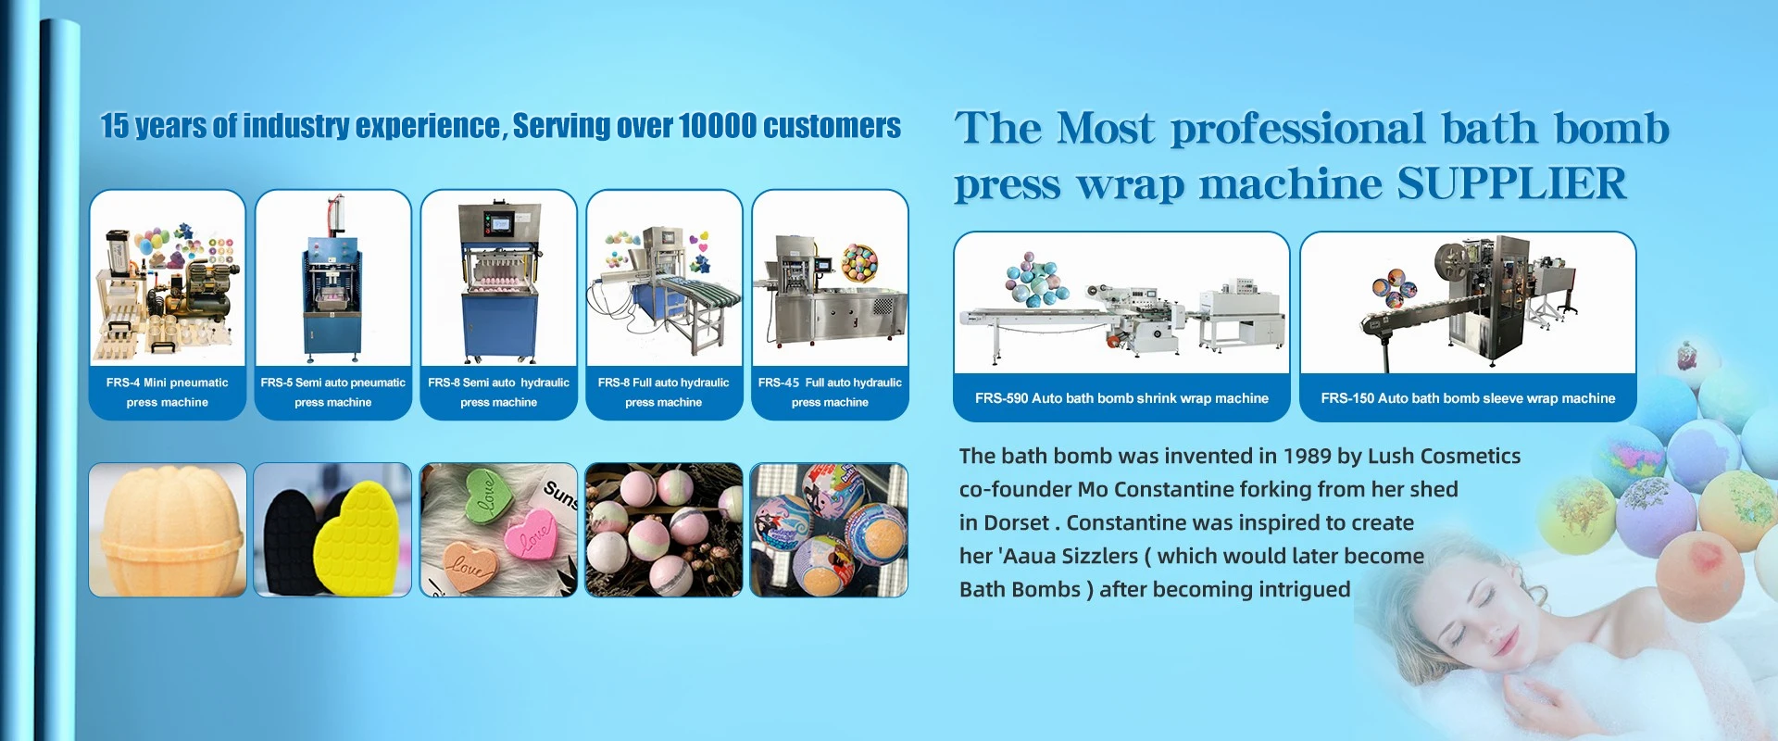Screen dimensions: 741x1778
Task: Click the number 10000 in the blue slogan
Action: (717, 126)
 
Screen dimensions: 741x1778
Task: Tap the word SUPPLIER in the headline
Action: (1511, 183)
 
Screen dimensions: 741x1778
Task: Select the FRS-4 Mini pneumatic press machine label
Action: (168, 392)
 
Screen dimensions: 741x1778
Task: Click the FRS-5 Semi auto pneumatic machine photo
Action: (332, 278)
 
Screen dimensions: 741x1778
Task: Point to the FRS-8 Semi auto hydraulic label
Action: (498, 392)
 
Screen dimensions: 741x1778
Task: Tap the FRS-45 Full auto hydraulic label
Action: (830, 392)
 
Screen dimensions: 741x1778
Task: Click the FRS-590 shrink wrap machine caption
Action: (1121, 398)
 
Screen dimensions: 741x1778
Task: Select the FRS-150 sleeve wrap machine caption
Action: (1468, 398)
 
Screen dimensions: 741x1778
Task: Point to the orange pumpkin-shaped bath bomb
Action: (168, 530)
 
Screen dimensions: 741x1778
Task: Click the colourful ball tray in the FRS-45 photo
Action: (858, 262)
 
